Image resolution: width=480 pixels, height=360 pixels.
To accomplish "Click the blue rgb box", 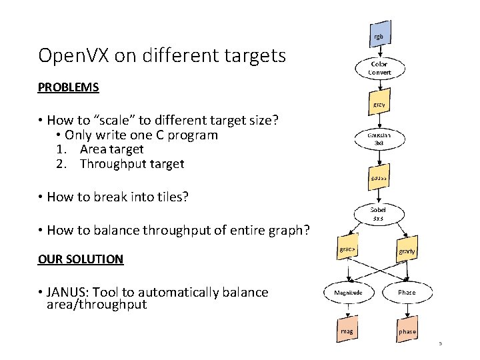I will [x=378, y=36].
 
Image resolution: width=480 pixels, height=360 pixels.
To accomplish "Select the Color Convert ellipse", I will [x=379, y=68].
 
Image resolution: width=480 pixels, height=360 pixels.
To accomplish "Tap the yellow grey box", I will [x=378, y=105].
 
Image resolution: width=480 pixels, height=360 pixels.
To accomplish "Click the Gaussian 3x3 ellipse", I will [x=378, y=139].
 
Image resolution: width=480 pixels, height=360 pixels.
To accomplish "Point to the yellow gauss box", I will [x=378, y=177].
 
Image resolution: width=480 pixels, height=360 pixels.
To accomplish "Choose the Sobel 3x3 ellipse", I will [x=378, y=213].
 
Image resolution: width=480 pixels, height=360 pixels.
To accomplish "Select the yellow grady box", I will [x=407, y=251].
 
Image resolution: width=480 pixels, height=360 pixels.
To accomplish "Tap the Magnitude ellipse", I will [x=349, y=292].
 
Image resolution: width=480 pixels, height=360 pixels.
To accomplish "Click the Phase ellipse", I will [x=407, y=292].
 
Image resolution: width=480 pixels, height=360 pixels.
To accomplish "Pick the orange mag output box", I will [x=347, y=330].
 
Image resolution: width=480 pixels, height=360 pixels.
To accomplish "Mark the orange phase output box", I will [x=407, y=331].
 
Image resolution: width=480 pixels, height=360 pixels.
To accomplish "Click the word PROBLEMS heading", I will [x=68, y=87].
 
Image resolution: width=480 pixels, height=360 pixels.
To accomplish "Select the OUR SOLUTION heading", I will [x=81, y=259].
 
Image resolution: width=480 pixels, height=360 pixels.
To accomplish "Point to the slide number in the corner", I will [x=440, y=344].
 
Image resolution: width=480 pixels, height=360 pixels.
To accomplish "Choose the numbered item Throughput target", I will [x=131, y=164].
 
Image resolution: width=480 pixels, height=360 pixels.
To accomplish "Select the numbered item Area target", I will [x=111, y=149].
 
